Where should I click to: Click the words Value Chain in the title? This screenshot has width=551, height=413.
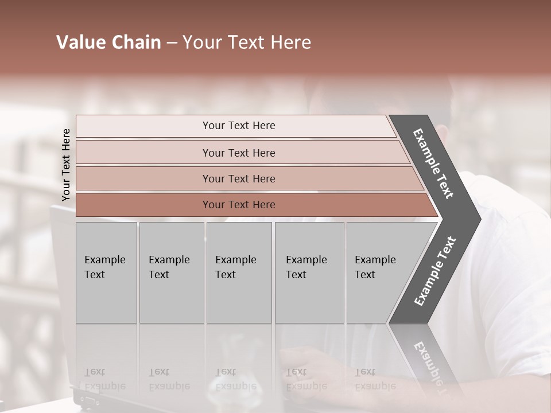tap(108, 42)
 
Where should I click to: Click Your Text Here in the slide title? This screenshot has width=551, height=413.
tap(247, 42)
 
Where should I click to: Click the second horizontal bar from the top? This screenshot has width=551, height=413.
tap(238, 153)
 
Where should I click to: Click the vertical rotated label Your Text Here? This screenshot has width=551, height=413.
tap(66, 165)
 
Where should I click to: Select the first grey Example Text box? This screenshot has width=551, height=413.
tap(106, 272)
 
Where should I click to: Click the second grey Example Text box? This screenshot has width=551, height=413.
tap(171, 272)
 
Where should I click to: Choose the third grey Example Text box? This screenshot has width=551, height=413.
tap(239, 272)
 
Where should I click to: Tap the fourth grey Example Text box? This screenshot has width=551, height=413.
tap(309, 272)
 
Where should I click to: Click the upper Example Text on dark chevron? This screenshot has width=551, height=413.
tap(433, 163)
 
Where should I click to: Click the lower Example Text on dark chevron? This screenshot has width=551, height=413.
tap(434, 271)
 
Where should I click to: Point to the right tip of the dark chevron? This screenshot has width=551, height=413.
tap(479, 219)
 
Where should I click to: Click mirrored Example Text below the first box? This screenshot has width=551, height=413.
tap(104, 379)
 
